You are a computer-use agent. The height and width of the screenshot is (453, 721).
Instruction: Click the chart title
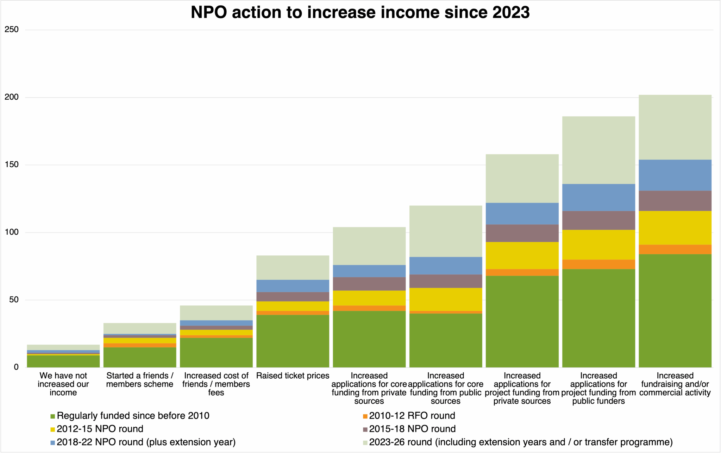pyautogui.click(x=360, y=13)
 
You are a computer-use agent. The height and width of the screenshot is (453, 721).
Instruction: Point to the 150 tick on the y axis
pyautogui.click(x=12, y=165)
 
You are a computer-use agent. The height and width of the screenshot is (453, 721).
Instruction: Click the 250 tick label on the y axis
pyautogui.click(x=12, y=30)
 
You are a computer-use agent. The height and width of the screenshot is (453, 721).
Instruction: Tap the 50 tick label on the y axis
pyautogui.click(x=14, y=300)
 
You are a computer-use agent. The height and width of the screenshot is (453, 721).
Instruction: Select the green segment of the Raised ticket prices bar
pyautogui.click(x=293, y=341)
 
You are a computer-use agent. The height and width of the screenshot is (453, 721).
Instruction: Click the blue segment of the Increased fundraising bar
pyautogui.click(x=675, y=175)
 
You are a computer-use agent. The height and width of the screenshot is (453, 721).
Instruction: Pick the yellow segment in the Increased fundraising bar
pyautogui.click(x=675, y=228)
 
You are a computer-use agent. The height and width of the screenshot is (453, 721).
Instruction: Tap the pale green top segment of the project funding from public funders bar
pyautogui.click(x=598, y=150)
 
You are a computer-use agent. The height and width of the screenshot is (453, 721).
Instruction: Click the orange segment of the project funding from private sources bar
pyautogui.click(x=522, y=272)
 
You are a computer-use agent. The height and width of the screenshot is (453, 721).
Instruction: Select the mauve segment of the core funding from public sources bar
pyautogui.click(x=446, y=281)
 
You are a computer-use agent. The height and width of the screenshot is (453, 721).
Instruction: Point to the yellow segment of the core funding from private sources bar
pyautogui.click(x=369, y=298)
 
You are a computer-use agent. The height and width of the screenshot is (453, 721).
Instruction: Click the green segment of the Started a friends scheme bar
pyautogui.click(x=140, y=357)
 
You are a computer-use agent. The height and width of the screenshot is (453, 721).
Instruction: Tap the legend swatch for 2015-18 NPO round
pyautogui.click(x=365, y=429)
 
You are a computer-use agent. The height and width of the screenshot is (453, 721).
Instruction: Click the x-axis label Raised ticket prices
pyautogui.click(x=293, y=376)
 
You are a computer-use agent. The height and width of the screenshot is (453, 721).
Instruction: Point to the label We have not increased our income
pyautogui.click(x=63, y=384)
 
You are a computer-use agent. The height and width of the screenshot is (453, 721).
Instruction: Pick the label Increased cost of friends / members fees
pyautogui.click(x=216, y=384)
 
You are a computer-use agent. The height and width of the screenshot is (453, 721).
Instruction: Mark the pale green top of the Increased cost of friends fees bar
pyautogui.click(x=216, y=313)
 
